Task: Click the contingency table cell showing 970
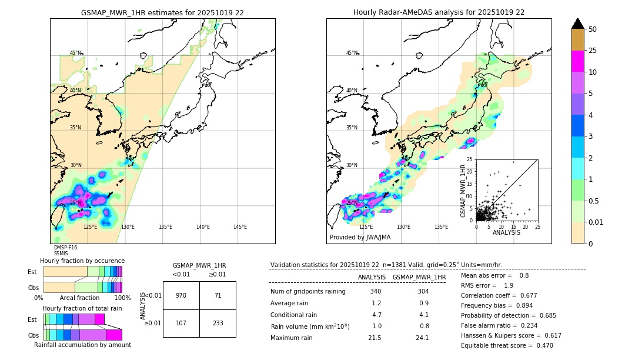point(181,295)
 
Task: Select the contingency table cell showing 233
point(218,323)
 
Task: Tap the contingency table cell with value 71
point(218,295)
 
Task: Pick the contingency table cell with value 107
point(181,323)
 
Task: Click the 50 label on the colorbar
point(593,29)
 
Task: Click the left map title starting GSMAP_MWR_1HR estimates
point(162,12)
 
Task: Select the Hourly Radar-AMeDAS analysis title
point(439,12)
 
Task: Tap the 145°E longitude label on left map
point(240,227)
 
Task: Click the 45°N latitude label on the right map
point(352,53)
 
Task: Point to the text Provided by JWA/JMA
point(360,238)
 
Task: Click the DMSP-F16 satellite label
point(65,248)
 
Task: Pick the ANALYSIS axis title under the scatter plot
point(506,233)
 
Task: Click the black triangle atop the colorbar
point(577,24)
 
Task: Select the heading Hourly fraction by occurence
point(82,261)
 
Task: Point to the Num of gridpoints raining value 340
point(376,291)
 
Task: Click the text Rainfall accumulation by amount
point(82,345)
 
